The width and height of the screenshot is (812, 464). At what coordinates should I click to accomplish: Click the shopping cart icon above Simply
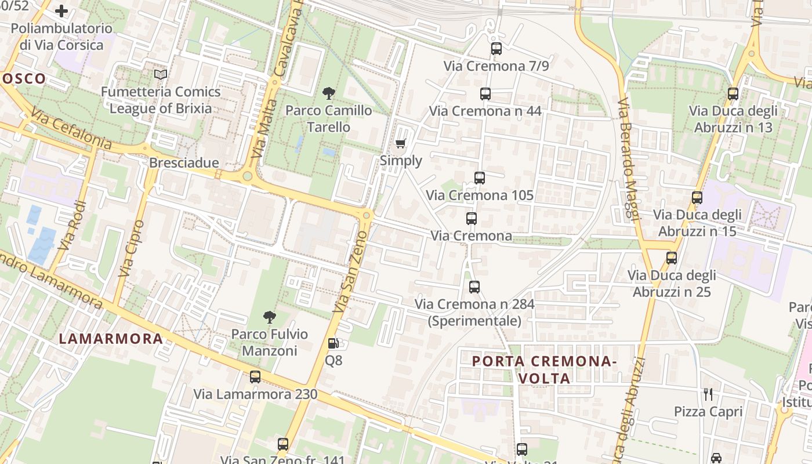coord(400,143)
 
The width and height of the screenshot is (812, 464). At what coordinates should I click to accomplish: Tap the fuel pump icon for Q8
coord(333,343)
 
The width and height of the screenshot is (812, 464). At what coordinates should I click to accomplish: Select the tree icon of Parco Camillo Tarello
coord(329,93)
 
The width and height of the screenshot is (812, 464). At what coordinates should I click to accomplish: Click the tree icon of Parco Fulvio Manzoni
coord(269,317)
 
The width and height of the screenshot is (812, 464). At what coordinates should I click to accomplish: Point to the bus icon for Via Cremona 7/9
coord(496,49)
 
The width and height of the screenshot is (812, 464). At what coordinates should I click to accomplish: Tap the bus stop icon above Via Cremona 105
coord(479,178)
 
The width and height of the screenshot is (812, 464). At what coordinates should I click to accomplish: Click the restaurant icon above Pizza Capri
coord(708,394)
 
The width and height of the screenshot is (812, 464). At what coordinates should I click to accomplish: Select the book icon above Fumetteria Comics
coord(161,75)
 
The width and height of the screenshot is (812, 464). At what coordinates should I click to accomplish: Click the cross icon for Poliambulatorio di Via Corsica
coord(61,11)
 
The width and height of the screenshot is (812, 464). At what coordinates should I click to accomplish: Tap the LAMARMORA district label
coord(111,339)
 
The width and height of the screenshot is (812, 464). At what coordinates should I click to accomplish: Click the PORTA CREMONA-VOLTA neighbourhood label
coord(543,369)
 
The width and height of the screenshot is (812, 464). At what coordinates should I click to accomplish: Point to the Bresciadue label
coord(184,162)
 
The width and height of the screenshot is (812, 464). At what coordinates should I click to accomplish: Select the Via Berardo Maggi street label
coord(627,159)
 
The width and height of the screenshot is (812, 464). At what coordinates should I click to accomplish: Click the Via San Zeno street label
coord(350,271)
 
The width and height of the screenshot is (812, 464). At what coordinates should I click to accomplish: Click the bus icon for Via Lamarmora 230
coord(255,377)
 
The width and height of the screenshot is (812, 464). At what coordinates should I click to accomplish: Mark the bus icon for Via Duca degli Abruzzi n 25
coord(672,258)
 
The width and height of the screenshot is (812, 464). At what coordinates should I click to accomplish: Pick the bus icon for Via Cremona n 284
coord(474,287)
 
